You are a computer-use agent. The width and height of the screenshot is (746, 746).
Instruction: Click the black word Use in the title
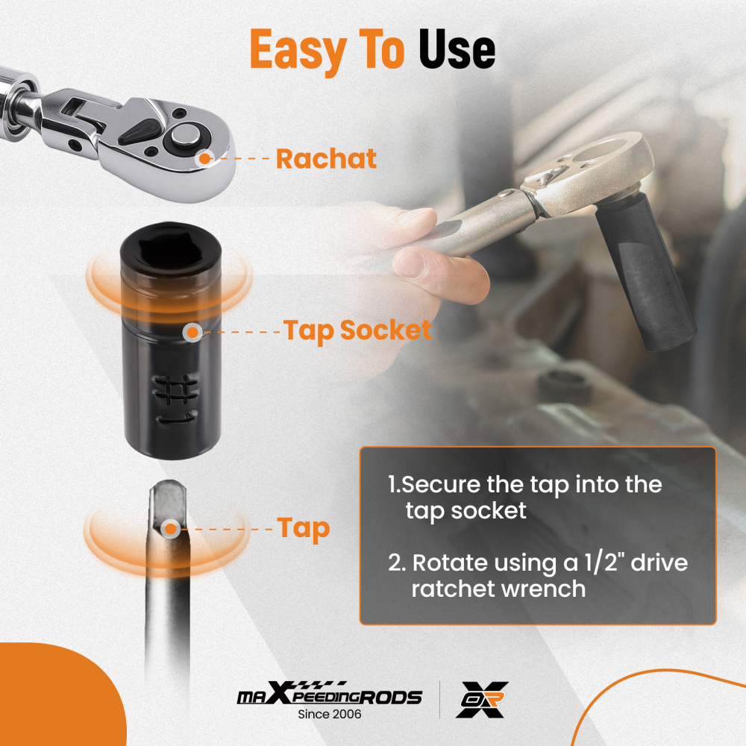[x=457, y=49]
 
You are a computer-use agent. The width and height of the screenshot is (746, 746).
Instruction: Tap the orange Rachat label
[x=326, y=158]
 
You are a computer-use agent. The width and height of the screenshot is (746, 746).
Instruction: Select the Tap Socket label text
[x=357, y=330]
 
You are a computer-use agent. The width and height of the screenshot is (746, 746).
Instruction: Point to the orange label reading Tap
[x=304, y=529]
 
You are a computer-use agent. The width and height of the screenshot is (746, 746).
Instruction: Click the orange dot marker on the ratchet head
[x=204, y=158]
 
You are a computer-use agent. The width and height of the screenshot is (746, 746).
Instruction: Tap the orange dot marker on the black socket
[x=192, y=332]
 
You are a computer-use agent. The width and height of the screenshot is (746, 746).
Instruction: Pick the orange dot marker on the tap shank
[x=170, y=529]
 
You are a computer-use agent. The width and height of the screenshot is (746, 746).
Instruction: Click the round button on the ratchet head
[x=186, y=135]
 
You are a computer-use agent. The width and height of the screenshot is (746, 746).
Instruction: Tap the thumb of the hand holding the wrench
[x=440, y=275]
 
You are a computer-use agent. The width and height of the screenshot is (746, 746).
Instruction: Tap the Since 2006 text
[x=329, y=714]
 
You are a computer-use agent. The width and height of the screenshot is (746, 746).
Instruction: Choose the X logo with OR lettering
[x=482, y=700]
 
